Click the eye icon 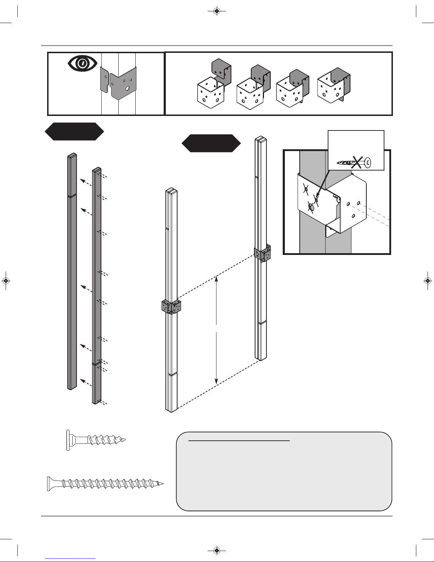pos(83,63)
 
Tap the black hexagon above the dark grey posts pos(74,132)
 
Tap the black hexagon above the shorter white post pos(211,143)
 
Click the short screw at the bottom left pos(96,440)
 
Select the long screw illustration pos(105,483)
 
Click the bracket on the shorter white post pos(171,307)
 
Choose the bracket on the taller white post pos(263,253)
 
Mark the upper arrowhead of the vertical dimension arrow pos(216,280)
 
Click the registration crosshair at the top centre pos(217,11)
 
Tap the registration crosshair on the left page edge pos(6,281)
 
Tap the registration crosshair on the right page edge pos(428,281)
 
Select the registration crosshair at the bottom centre pos(217,550)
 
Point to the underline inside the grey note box pos(239,441)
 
